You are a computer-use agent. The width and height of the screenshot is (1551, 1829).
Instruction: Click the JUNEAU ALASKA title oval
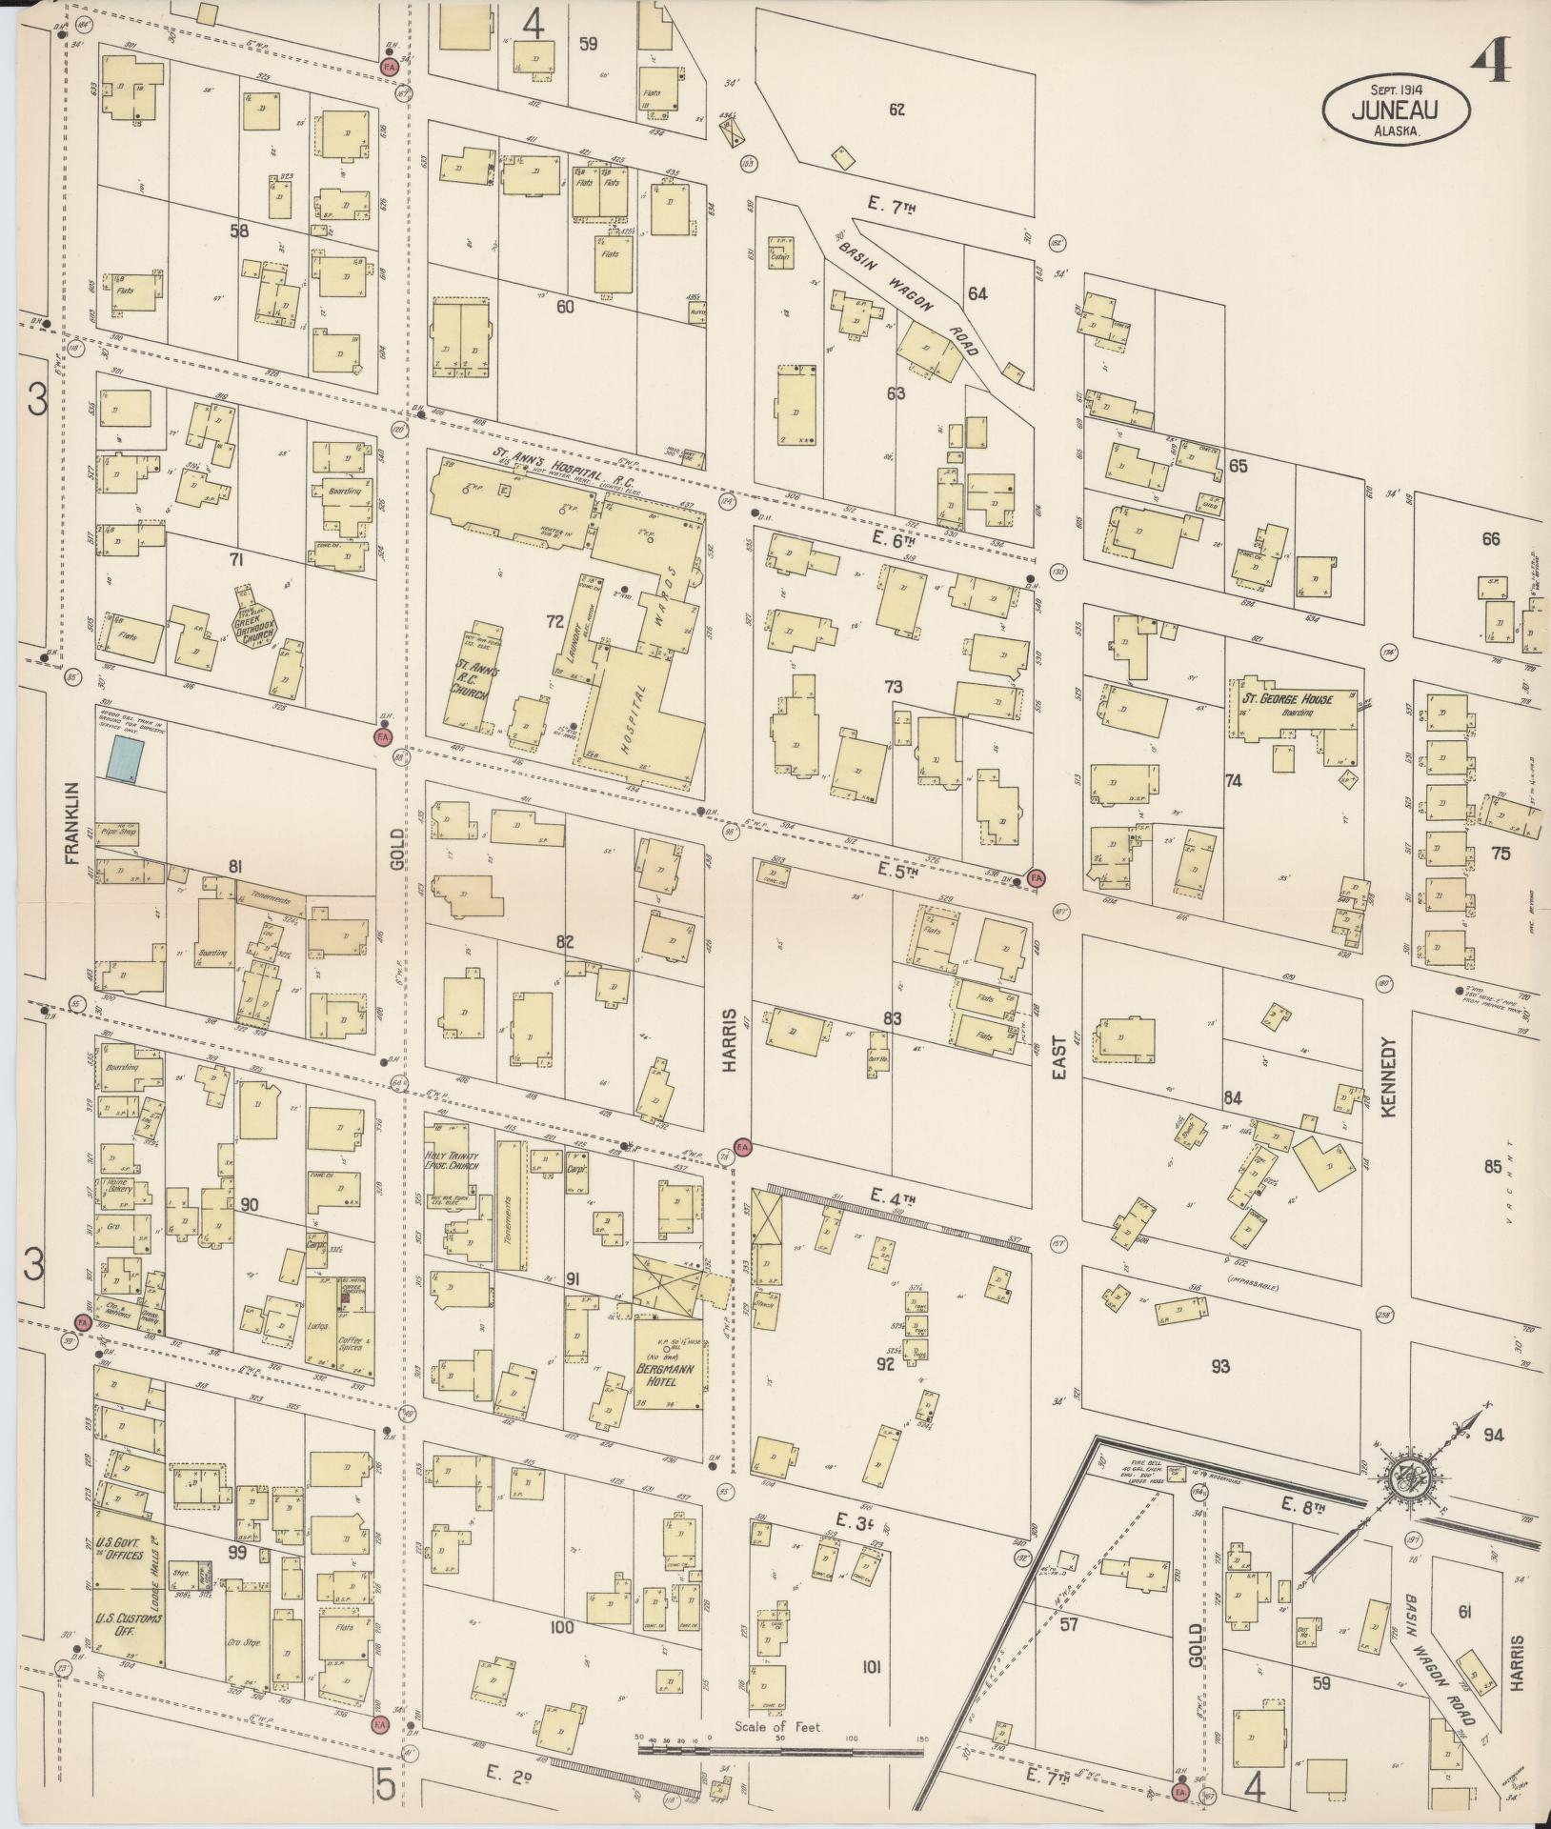tap(1394, 111)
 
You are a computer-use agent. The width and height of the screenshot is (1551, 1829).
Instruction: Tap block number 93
tap(1220, 1366)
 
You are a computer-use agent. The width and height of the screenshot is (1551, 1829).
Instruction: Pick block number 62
tap(896, 110)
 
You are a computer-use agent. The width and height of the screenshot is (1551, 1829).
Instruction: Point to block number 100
tap(562, 1626)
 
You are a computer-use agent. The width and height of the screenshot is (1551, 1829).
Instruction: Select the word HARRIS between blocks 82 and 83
tap(731, 1040)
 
